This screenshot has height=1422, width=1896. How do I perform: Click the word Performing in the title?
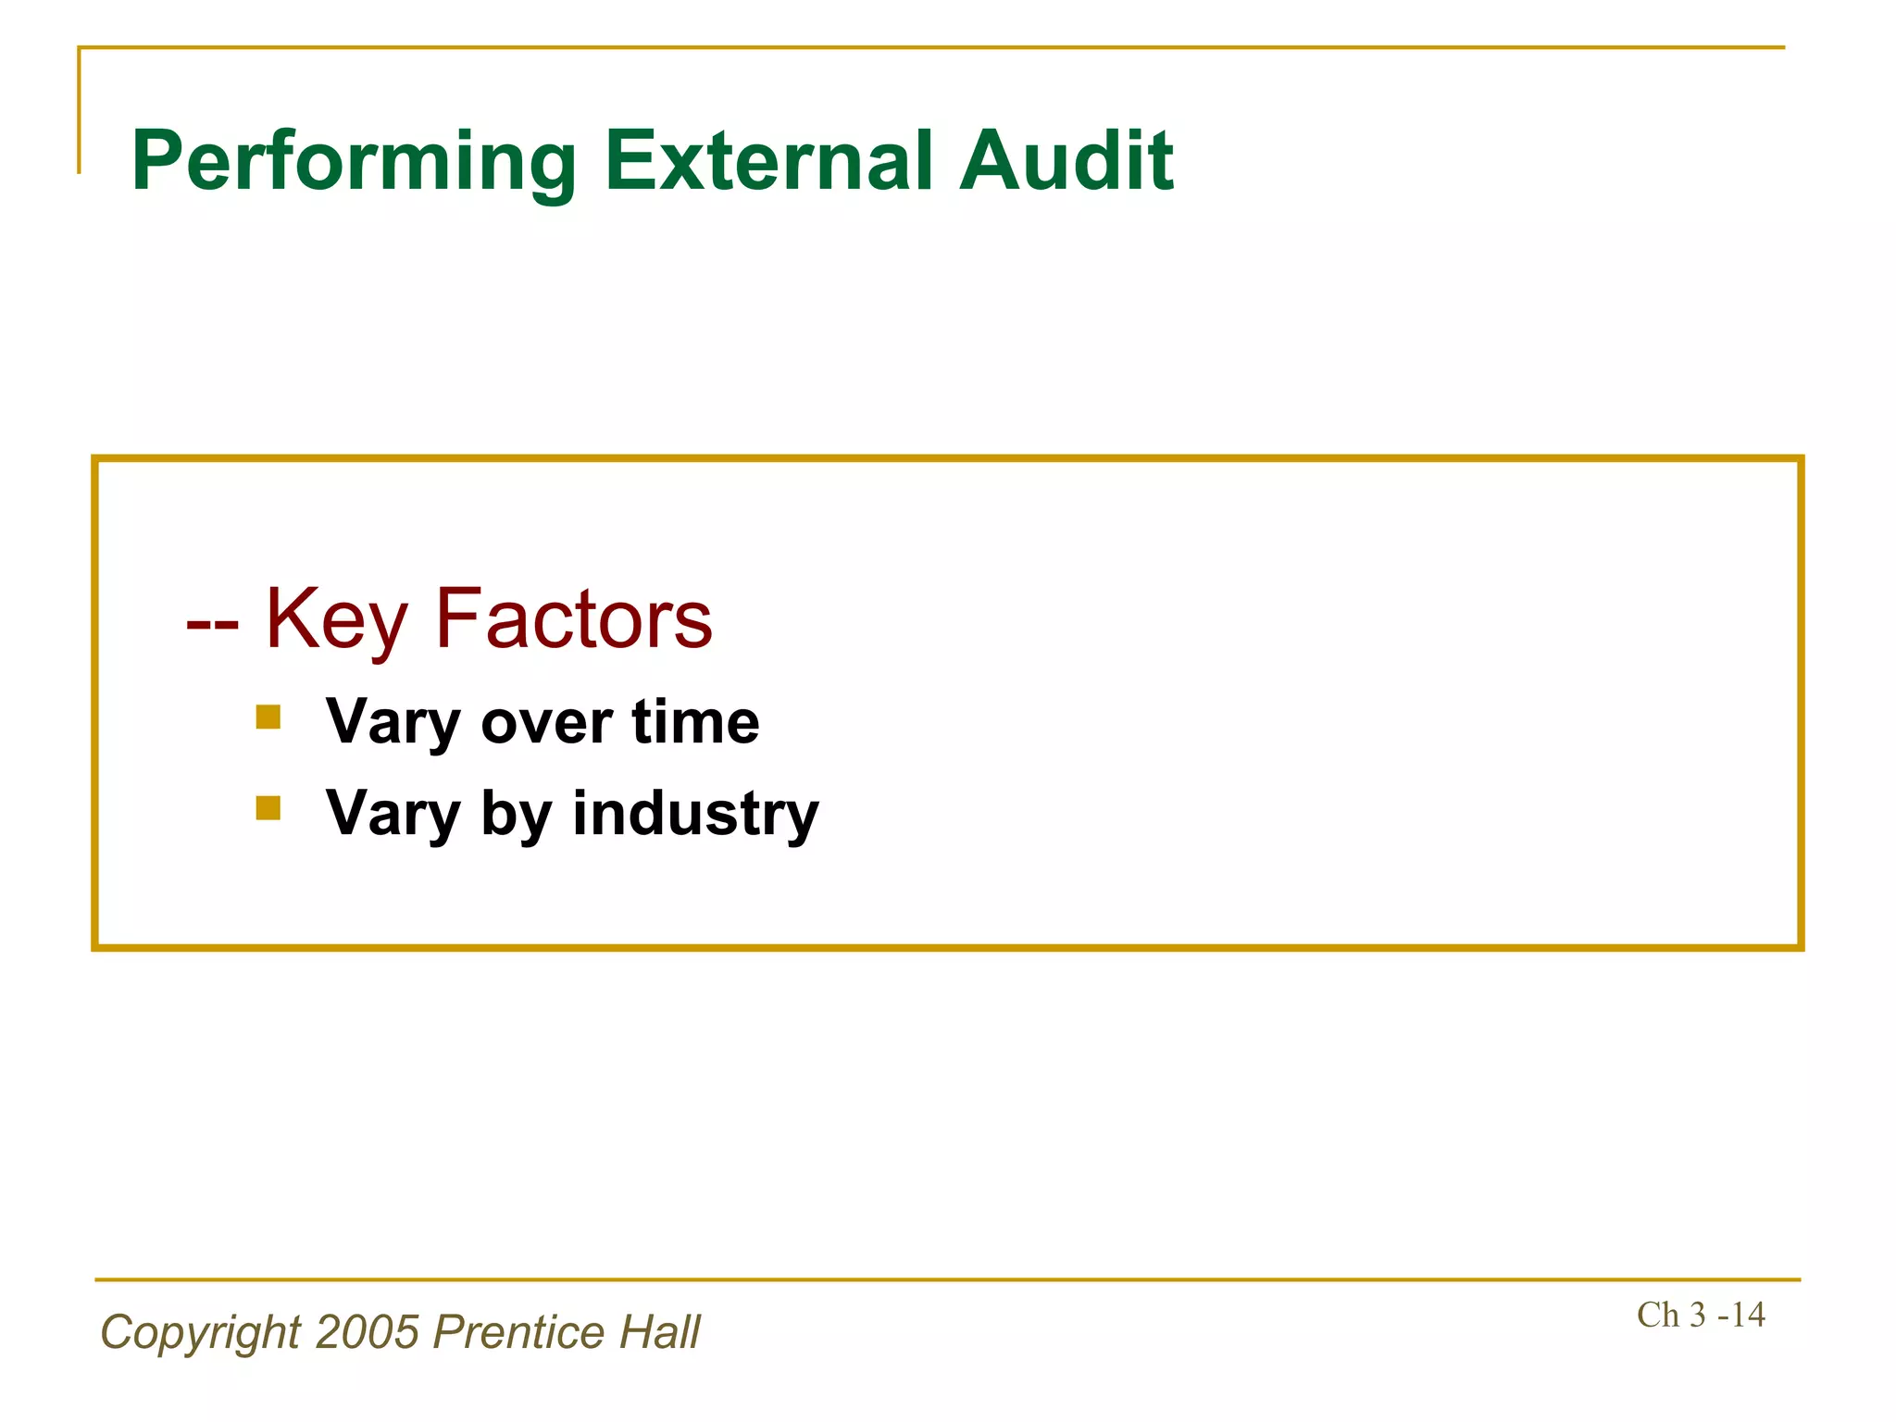click(354, 163)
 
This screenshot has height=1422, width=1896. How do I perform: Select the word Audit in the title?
click(1066, 161)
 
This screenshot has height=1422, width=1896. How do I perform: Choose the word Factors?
click(574, 618)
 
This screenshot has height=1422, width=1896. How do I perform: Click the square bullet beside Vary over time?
click(268, 717)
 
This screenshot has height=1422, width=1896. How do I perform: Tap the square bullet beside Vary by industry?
click(268, 808)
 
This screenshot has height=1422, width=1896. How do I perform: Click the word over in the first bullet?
click(546, 723)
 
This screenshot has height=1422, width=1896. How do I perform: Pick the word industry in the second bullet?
click(695, 814)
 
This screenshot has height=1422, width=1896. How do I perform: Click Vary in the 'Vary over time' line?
click(393, 723)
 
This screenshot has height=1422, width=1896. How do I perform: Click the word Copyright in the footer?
click(200, 1334)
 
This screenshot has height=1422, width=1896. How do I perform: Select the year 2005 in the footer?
click(368, 1332)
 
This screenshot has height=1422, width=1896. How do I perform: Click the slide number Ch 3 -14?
click(1701, 1315)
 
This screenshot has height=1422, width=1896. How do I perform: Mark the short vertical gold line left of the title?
click(80, 111)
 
